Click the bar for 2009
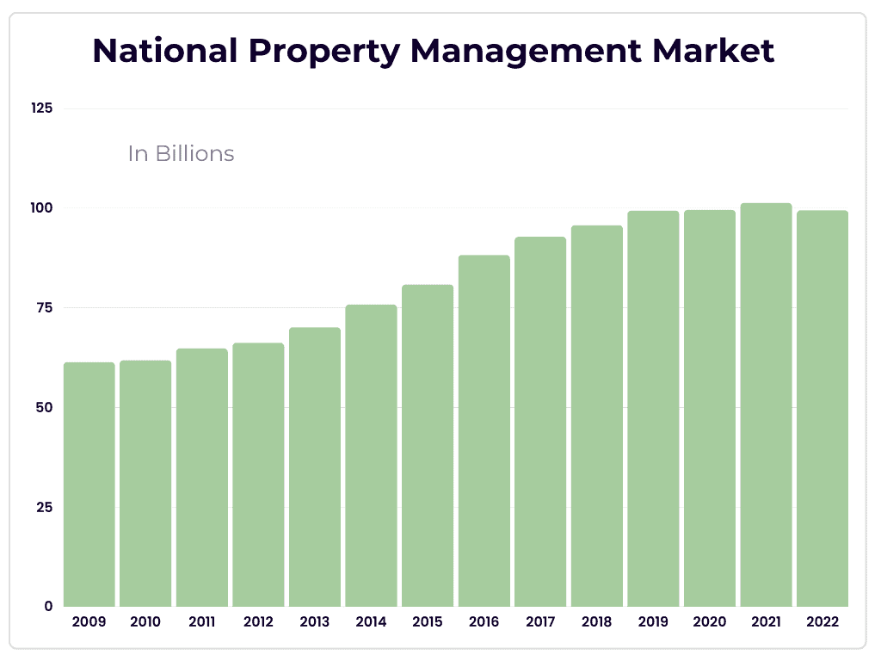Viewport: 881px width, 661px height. tap(89, 485)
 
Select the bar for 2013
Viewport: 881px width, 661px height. tap(315, 467)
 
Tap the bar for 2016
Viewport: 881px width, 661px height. tap(484, 431)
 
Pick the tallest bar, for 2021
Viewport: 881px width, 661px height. tap(766, 405)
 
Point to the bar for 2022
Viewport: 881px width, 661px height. tap(822, 409)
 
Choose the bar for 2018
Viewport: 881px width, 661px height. tap(596, 417)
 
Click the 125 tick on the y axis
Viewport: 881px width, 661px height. tap(42, 108)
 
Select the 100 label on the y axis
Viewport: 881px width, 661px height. tap(42, 208)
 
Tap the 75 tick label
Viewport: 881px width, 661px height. tap(44, 307)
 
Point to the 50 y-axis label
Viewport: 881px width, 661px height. tap(44, 407)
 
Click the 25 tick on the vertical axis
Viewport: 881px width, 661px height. tap(44, 507)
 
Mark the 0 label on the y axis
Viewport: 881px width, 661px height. tap(49, 606)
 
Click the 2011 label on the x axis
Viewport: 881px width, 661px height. tap(201, 621)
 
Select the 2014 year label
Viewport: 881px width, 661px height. tap(371, 621)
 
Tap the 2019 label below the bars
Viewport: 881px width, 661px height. tap(653, 621)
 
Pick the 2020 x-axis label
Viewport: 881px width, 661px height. tap(709, 621)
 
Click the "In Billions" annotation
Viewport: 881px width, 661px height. tap(181, 153)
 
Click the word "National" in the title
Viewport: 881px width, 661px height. tap(163, 51)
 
